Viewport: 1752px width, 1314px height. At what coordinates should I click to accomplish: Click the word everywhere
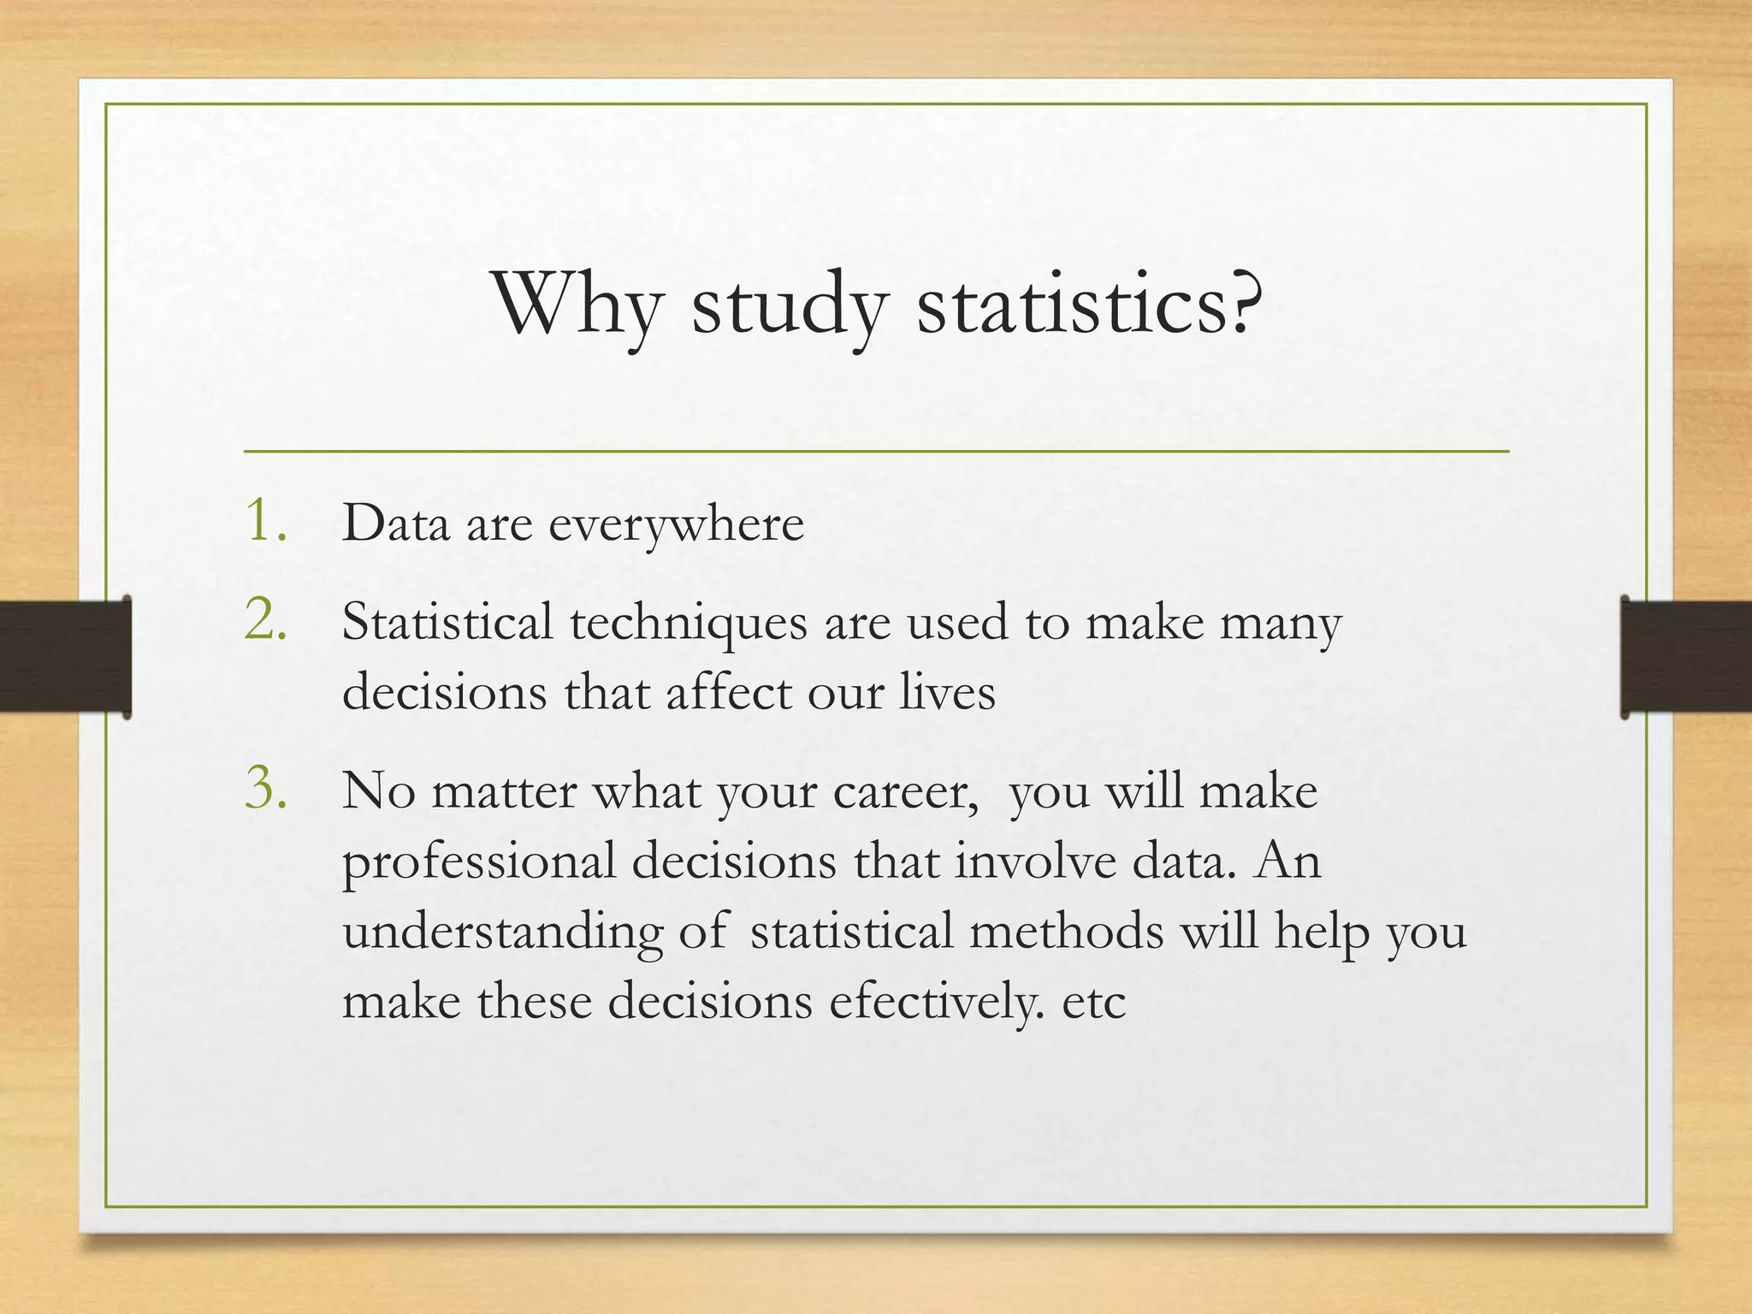[676, 524]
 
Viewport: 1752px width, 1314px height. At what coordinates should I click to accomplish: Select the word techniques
[689, 623]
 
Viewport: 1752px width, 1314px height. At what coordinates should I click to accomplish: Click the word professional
[479, 862]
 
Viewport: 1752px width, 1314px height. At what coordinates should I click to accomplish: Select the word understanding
[502, 932]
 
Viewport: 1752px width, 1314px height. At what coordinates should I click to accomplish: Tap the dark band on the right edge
[1686, 656]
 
